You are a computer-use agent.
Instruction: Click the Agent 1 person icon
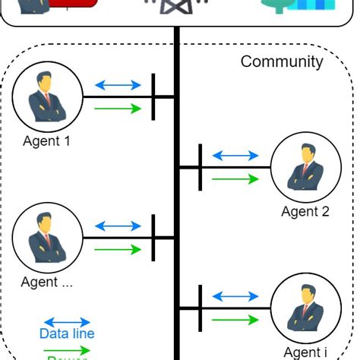pos(47,97)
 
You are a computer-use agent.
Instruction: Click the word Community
pos(282,62)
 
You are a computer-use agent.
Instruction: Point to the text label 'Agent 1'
pos(46,141)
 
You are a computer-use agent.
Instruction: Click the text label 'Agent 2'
pos(305,212)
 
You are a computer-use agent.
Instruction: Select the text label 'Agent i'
pos(305,352)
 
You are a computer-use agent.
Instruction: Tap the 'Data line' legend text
pos(67,333)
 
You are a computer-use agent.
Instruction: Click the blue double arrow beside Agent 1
pos(117,85)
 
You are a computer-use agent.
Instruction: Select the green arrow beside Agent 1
pos(117,109)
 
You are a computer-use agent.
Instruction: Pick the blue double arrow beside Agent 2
pos(235,156)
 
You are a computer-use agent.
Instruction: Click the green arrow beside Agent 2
pos(235,179)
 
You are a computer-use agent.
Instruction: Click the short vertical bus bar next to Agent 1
pos(153,96)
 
